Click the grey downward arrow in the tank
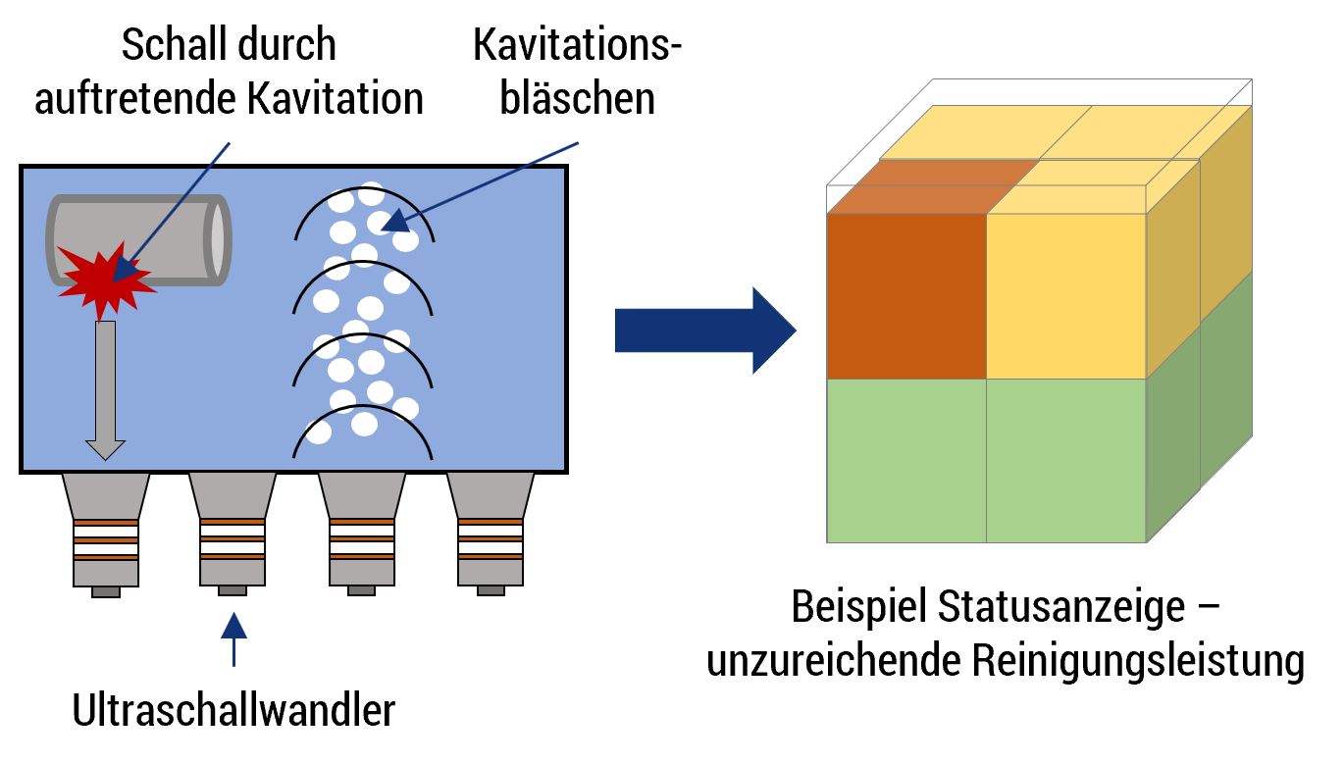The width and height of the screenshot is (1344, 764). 106,390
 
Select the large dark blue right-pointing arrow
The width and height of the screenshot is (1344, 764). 705,331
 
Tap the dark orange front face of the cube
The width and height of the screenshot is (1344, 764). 906,296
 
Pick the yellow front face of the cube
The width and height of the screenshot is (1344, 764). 1066,296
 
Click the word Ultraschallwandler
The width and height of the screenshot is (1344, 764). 233,710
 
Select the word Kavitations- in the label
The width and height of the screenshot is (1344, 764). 577,44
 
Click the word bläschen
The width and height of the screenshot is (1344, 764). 577,98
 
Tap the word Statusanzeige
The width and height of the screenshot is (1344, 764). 1061,607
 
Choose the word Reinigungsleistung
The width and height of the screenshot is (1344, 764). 1138,661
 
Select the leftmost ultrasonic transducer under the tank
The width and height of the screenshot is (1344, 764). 106,535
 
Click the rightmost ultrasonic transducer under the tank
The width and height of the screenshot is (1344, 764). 491,535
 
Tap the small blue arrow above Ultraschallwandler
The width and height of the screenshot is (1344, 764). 233,639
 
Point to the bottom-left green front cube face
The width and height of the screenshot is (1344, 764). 906,461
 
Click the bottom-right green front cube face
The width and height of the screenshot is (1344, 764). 1066,461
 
